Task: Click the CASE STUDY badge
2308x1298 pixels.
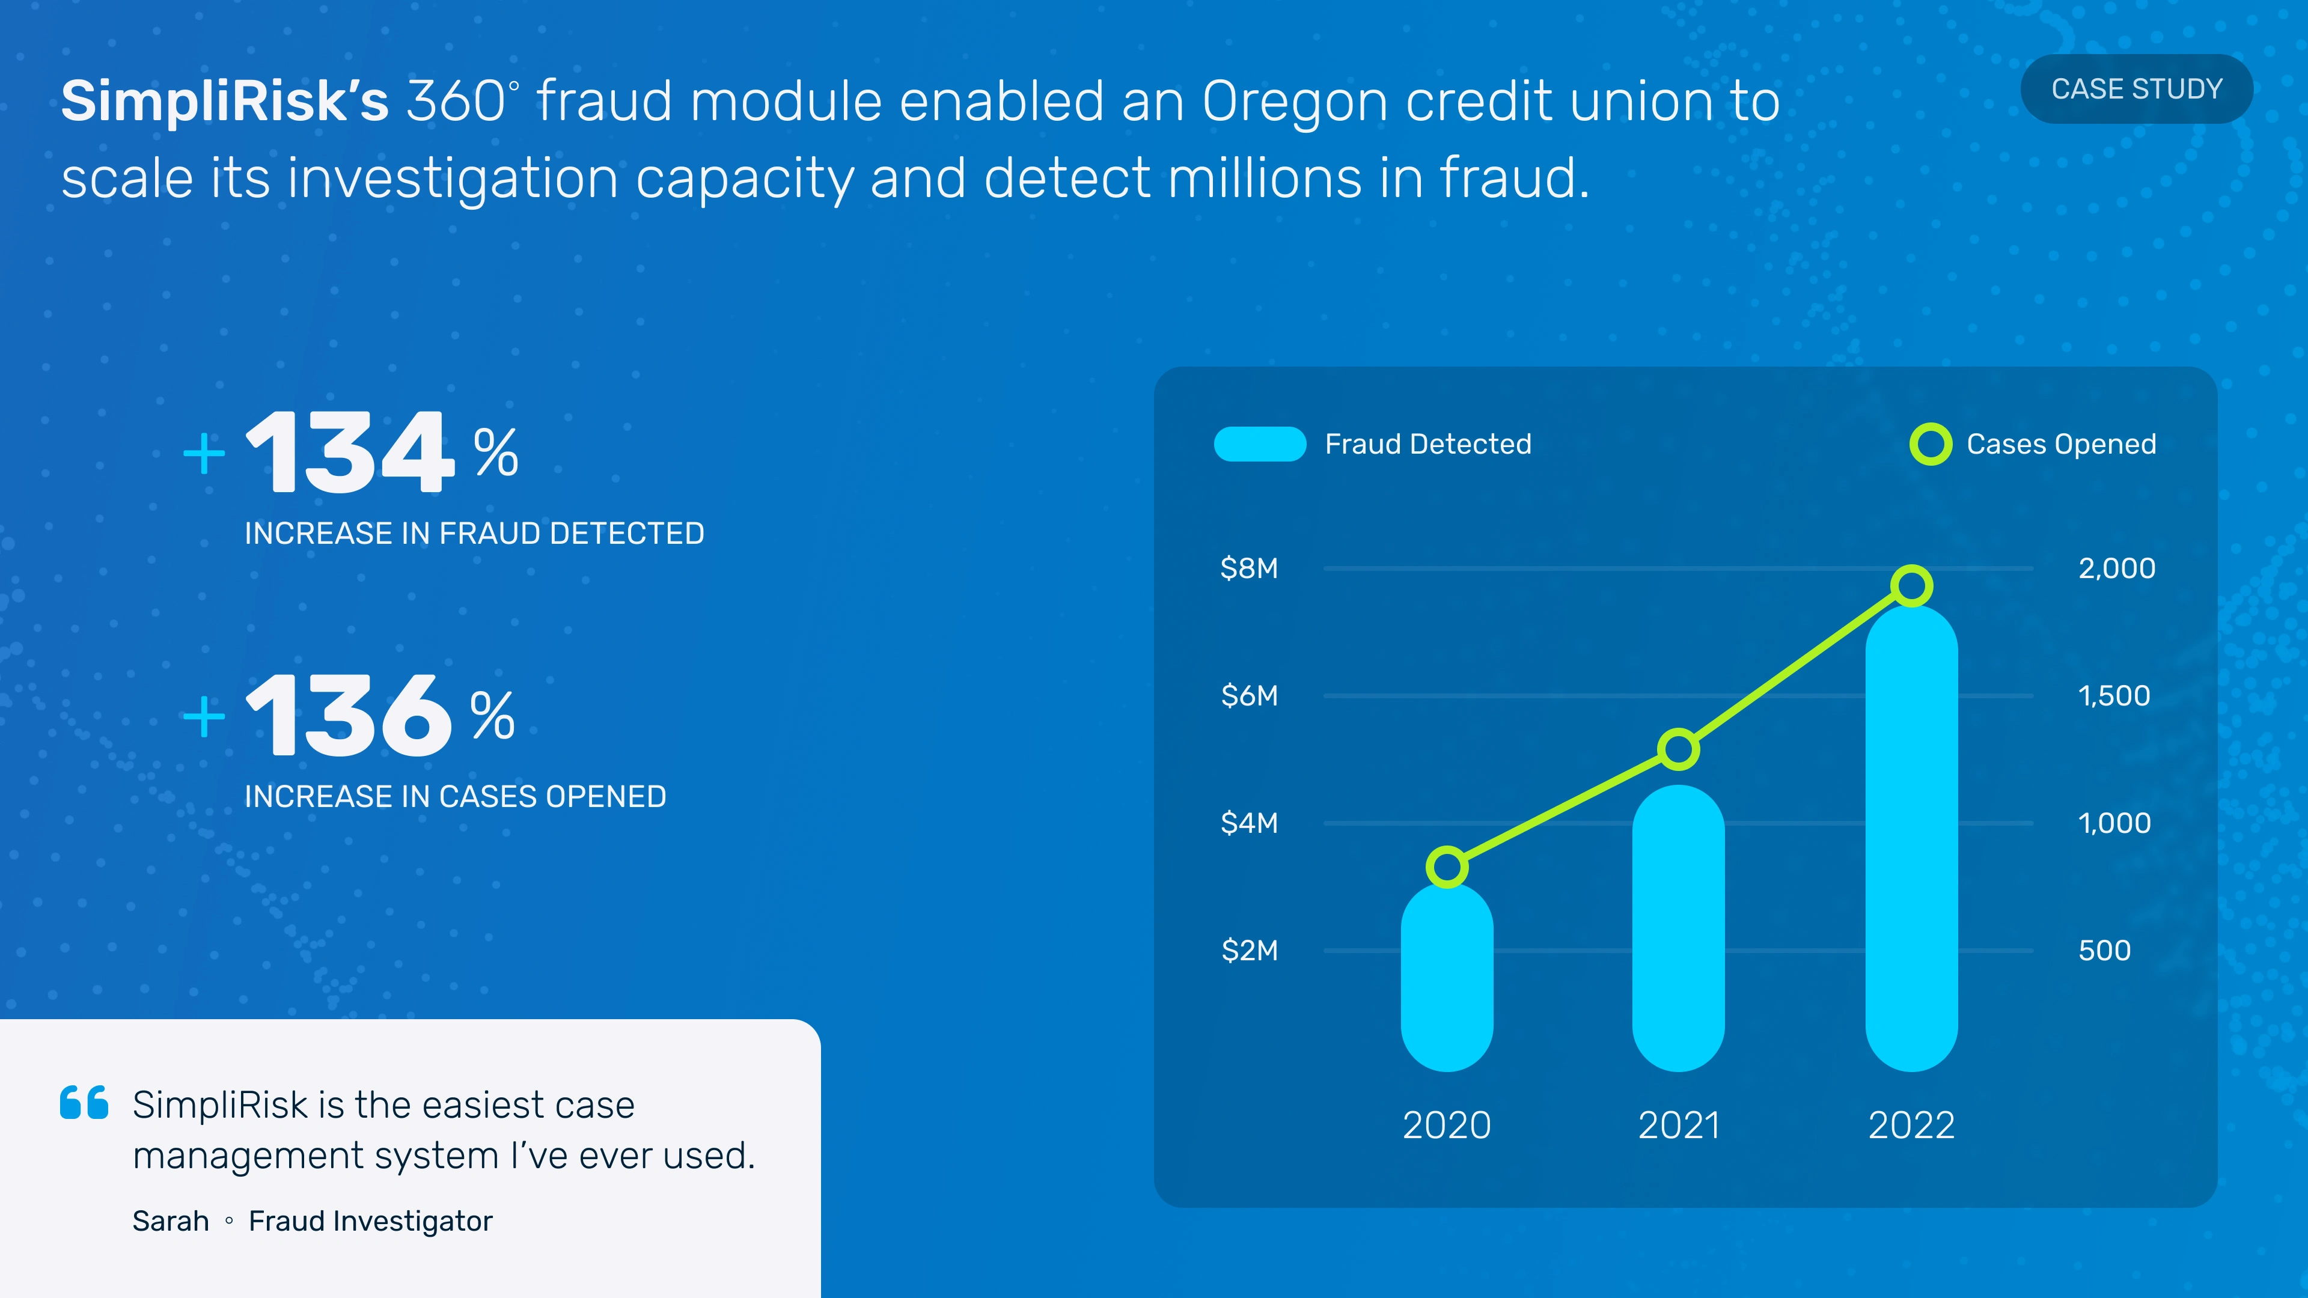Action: [2136, 89]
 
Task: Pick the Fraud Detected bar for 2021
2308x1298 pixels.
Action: [1678, 928]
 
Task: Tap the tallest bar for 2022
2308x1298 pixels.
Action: [1911, 838]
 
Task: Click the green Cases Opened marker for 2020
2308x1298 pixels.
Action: [1447, 867]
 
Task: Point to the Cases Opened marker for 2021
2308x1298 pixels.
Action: [1678, 749]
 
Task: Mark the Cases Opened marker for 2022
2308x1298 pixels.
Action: [1911, 587]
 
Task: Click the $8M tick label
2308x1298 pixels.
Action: [1249, 568]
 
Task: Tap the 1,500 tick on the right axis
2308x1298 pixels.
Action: [2114, 695]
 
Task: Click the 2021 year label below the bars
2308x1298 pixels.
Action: [1678, 1125]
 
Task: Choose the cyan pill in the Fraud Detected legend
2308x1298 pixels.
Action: [1260, 444]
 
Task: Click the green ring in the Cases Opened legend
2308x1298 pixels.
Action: [1931, 444]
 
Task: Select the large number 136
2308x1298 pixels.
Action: [349, 715]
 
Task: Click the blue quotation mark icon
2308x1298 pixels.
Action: [84, 1103]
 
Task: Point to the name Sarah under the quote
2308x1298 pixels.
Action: [170, 1221]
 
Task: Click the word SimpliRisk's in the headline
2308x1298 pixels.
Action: [225, 101]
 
